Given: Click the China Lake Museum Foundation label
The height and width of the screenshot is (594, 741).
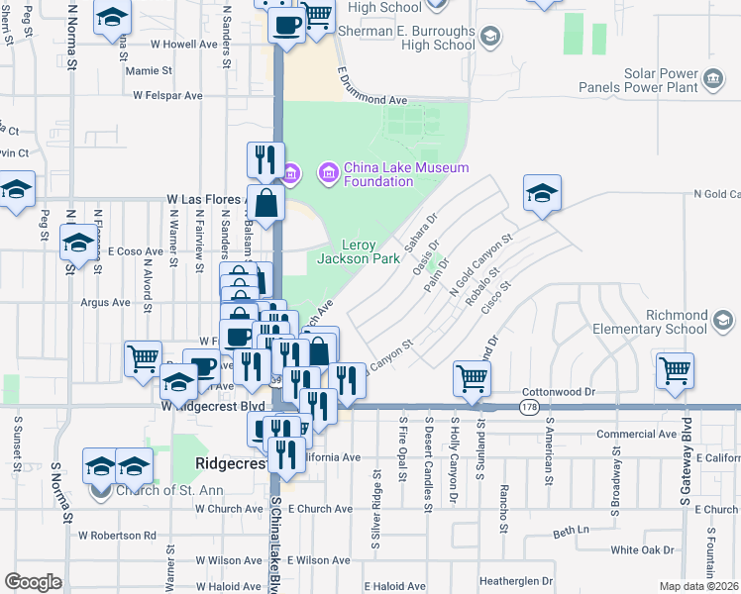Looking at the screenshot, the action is tap(405, 174).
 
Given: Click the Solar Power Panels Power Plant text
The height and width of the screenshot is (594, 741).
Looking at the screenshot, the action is tap(650, 80).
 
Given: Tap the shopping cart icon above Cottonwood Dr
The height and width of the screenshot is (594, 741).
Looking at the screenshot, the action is tap(472, 378).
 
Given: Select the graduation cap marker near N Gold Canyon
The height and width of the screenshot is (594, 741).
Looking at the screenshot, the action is tap(542, 194).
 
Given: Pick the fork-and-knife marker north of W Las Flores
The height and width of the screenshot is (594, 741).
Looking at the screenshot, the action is tap(264, 160).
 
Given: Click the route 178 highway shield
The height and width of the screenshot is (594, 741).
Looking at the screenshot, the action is tap(530, 406).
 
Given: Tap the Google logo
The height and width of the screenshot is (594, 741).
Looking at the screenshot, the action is tap(33, 582).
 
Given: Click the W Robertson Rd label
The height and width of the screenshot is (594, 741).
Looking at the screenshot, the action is tap(118, 535).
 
